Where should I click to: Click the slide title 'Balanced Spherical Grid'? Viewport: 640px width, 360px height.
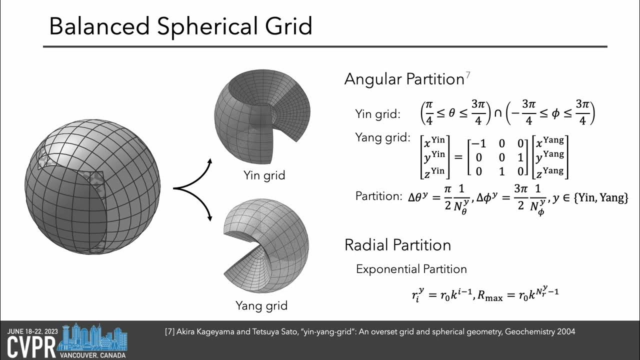180,25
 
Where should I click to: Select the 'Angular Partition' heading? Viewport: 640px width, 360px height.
404,79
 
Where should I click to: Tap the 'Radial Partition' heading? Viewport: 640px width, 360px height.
397,244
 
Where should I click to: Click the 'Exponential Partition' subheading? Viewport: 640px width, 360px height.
411,269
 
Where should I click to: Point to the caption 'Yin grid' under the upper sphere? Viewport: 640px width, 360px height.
264,175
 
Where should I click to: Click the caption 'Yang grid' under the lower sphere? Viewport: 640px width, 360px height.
261,304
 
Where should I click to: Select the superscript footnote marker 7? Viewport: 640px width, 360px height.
468,75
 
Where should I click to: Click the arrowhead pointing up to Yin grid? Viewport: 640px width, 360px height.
210,161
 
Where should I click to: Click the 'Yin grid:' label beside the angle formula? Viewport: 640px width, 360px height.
377,114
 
